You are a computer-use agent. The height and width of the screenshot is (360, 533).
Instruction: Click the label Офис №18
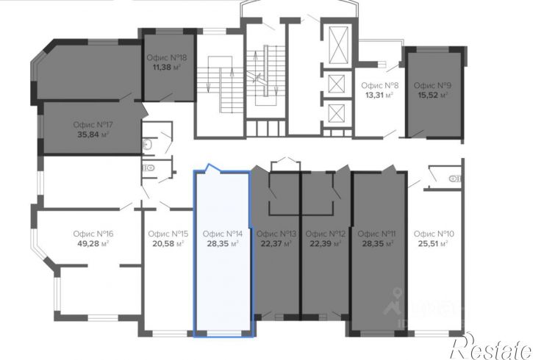coord(167,57)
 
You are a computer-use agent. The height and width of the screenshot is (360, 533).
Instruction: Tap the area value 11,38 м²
coord(167,67)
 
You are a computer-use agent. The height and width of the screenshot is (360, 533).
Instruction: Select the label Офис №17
coord(93,125)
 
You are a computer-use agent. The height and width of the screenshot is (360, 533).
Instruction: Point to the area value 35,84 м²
coord(93,134)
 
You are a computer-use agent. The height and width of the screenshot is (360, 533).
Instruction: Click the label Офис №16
coord(93,234)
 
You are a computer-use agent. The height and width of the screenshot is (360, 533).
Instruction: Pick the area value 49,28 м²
coord(93,243)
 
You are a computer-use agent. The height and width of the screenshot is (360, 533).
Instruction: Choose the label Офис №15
coord(168,234)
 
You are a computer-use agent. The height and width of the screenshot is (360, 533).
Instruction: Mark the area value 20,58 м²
coord(168,243)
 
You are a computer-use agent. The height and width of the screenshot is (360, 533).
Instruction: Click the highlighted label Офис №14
coord(223,234)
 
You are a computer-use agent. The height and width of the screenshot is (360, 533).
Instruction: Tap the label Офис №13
coord(276,234)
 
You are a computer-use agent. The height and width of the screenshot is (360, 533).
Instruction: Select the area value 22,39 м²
coord(326,243)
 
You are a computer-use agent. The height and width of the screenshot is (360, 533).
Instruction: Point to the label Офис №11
coord(376,234)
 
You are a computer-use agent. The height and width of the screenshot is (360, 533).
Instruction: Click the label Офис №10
coord(434,234)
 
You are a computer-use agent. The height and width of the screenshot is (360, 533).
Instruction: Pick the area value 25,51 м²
coord(434,243)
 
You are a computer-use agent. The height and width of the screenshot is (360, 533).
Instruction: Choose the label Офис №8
coord(379,85)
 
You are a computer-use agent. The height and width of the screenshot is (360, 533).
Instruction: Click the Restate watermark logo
coord(491,347)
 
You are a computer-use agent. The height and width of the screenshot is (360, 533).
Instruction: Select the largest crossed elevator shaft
coord(339,45)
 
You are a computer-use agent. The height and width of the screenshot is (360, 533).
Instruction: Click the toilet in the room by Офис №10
coord(456,179)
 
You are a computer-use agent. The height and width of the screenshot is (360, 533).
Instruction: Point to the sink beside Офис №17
coord(147,145)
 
